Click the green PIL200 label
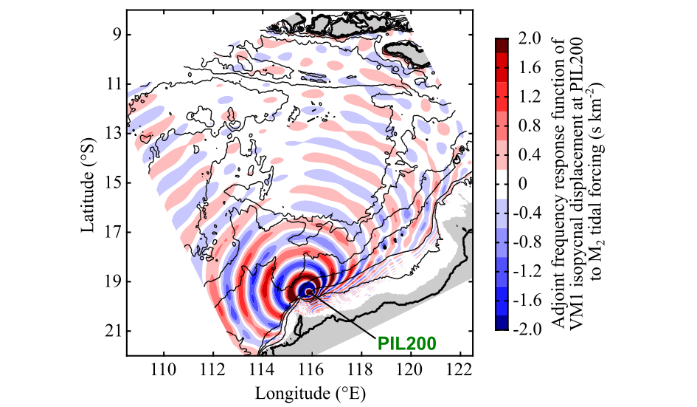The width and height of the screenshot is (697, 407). click(406, 343)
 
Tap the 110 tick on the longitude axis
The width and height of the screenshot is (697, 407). click(163, 369)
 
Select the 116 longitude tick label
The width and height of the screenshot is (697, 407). click(311, 369)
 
